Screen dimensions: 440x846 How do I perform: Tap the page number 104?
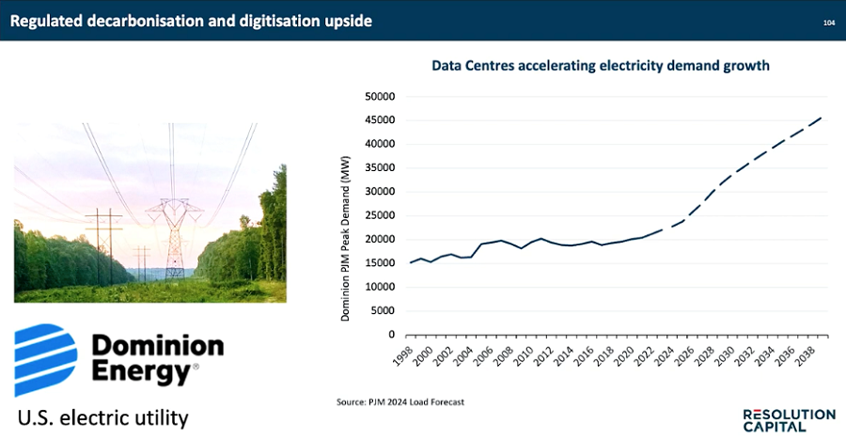[x=828, y=21]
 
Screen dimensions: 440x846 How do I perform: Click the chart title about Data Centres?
[x=600, y=66]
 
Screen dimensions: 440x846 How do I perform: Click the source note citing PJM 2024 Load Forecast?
[x=400, y=402]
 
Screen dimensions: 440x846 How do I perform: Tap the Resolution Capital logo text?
[x=788, y=420]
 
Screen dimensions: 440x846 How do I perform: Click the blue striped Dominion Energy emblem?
[x=45, y=356]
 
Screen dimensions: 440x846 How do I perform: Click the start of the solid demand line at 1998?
[x=410, y=262]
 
